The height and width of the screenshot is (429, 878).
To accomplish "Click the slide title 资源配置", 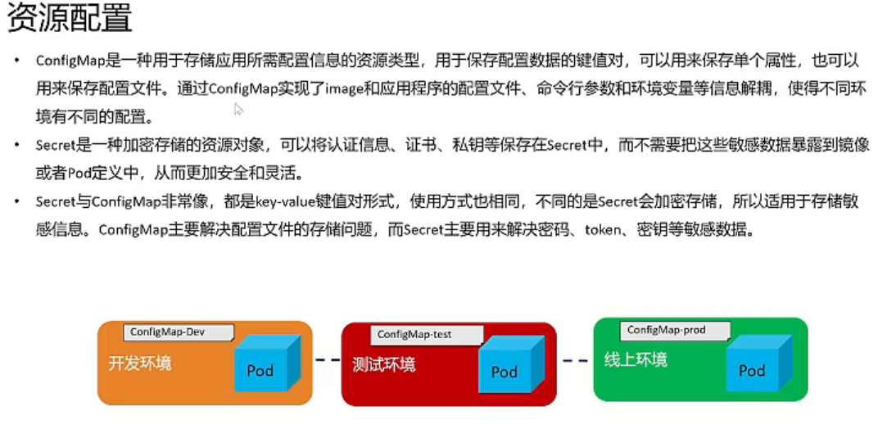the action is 70,19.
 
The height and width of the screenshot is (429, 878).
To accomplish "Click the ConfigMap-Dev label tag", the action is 179,332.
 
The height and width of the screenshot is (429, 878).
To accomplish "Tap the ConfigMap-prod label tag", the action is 666,330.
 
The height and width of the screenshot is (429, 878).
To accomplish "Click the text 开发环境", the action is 140,364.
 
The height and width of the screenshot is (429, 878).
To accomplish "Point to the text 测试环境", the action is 384,364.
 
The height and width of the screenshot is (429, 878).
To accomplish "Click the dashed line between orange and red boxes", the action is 327,360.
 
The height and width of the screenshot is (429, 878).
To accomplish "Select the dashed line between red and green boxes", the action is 575,360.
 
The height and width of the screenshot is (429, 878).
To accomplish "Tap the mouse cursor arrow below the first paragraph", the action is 238,109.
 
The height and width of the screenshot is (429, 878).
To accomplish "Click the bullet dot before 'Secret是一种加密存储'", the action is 17,146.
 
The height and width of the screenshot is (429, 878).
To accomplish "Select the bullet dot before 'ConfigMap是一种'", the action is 17,61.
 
